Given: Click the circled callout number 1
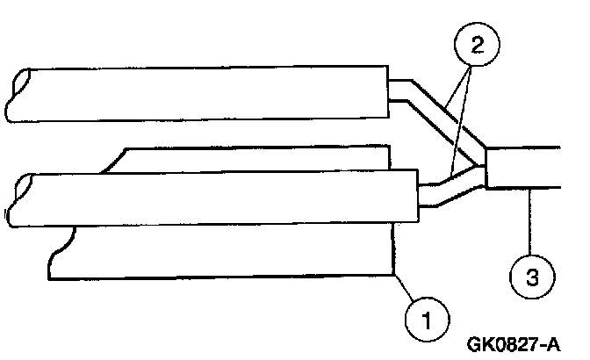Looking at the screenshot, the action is (425, 317).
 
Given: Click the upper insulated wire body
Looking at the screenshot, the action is (202, 93).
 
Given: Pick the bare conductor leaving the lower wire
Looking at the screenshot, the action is (448, 192).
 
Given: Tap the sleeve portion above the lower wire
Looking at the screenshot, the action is (255, 159).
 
